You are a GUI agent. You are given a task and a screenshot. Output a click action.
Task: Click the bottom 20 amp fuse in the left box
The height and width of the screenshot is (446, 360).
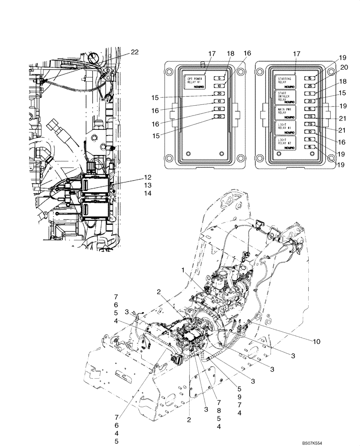pyautogui.click(x=218, y=117)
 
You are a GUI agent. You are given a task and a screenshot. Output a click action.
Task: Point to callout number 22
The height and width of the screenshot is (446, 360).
pyautogui.click(x=134, y=52)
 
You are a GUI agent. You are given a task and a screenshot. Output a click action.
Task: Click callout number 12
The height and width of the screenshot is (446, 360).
pyautogui.click(x=147, y=177)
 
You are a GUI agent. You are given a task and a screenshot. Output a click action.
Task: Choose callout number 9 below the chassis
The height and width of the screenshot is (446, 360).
pyautogui.click(x=239, y=396)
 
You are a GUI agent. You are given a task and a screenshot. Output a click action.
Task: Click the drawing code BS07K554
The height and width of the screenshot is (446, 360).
pyautogui.click(x=337, y=441)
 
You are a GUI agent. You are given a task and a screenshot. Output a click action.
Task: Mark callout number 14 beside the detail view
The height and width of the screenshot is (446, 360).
pyautogui.click(x=147, y=193)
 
